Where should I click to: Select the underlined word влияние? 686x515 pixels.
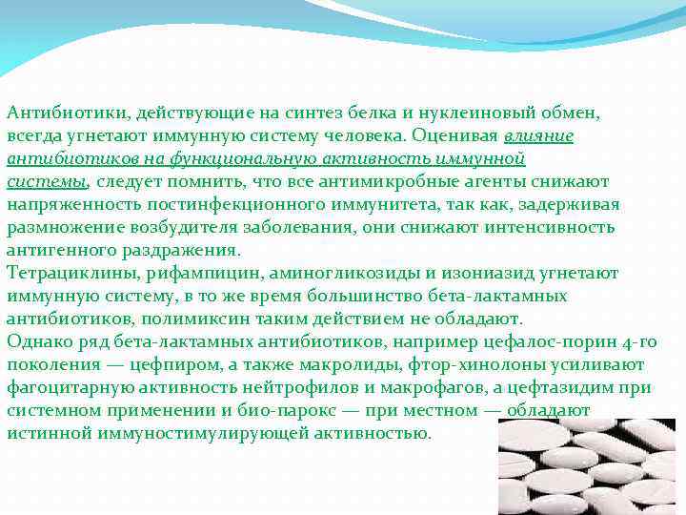click(x=538, y=136)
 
